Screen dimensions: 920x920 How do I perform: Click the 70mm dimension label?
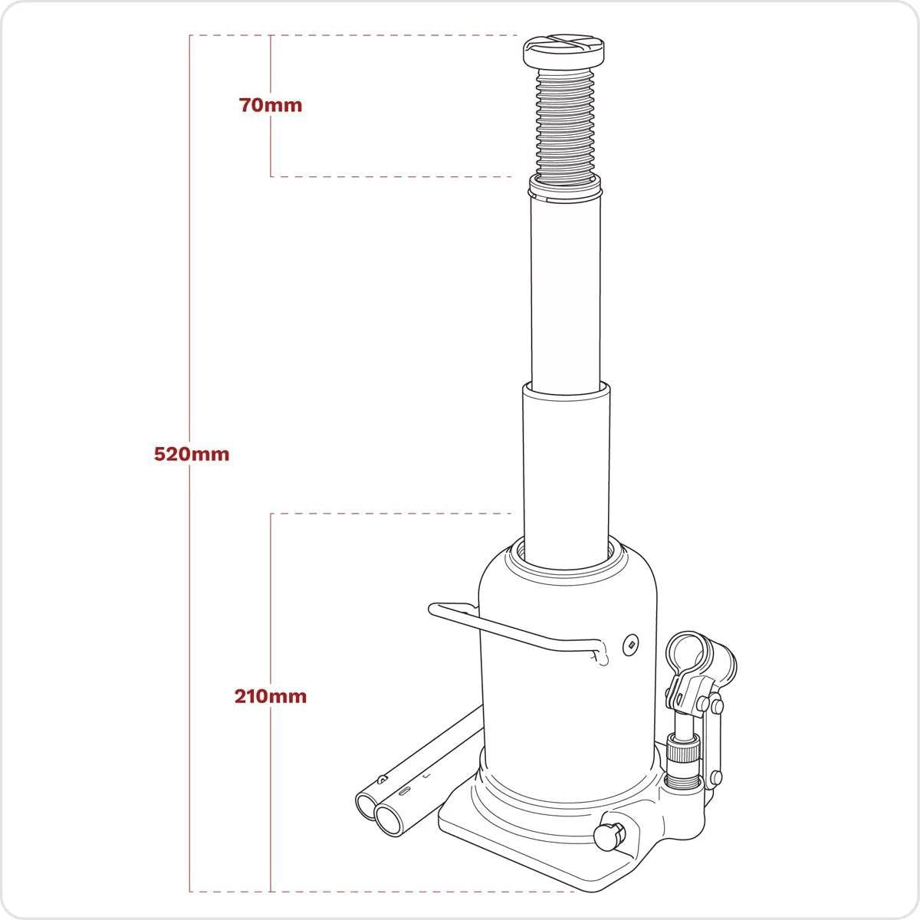(271, 106)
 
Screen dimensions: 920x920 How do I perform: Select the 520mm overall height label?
(192, 453)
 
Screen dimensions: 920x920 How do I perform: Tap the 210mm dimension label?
(271, 696)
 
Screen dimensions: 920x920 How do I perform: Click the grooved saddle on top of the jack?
(566, 53)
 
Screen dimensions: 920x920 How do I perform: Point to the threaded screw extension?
(566, 123)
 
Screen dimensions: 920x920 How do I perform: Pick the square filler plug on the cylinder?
(629, 644)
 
